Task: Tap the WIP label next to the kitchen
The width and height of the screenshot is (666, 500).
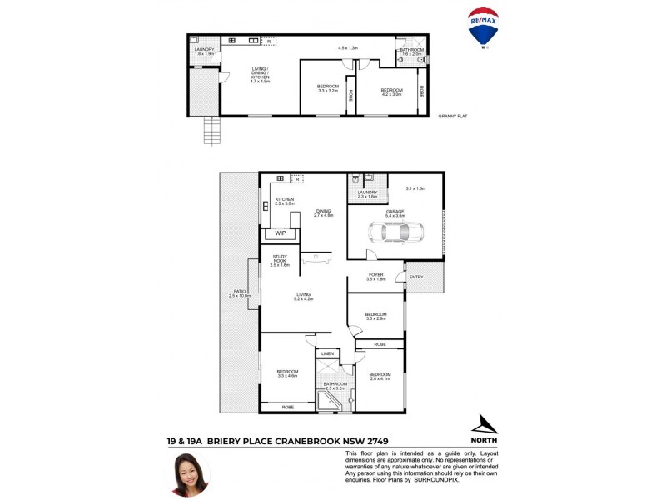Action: tap(281, 233)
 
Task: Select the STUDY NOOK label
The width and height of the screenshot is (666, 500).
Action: tap(280, 258)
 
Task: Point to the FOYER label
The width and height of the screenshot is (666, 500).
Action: tap(376, 274)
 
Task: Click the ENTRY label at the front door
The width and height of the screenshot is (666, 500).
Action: tap(416, 277)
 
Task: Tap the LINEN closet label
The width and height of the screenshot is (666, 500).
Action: tap(327, 354)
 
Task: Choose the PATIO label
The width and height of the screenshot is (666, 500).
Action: tap(239, 290)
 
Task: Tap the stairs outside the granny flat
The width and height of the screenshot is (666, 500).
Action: tap(212, 130)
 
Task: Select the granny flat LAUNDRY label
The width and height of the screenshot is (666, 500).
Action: tap(205, 49)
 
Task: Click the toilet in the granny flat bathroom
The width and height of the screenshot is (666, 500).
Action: tap(421, 60)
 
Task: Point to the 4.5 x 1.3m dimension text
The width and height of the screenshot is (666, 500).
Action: tap(347, 48)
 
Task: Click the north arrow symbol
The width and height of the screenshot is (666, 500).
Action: tap(484, 424)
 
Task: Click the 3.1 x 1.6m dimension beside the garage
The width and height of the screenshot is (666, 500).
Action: tap(415, 189)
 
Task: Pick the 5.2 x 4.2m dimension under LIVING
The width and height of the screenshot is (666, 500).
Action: tap(303, 298)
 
